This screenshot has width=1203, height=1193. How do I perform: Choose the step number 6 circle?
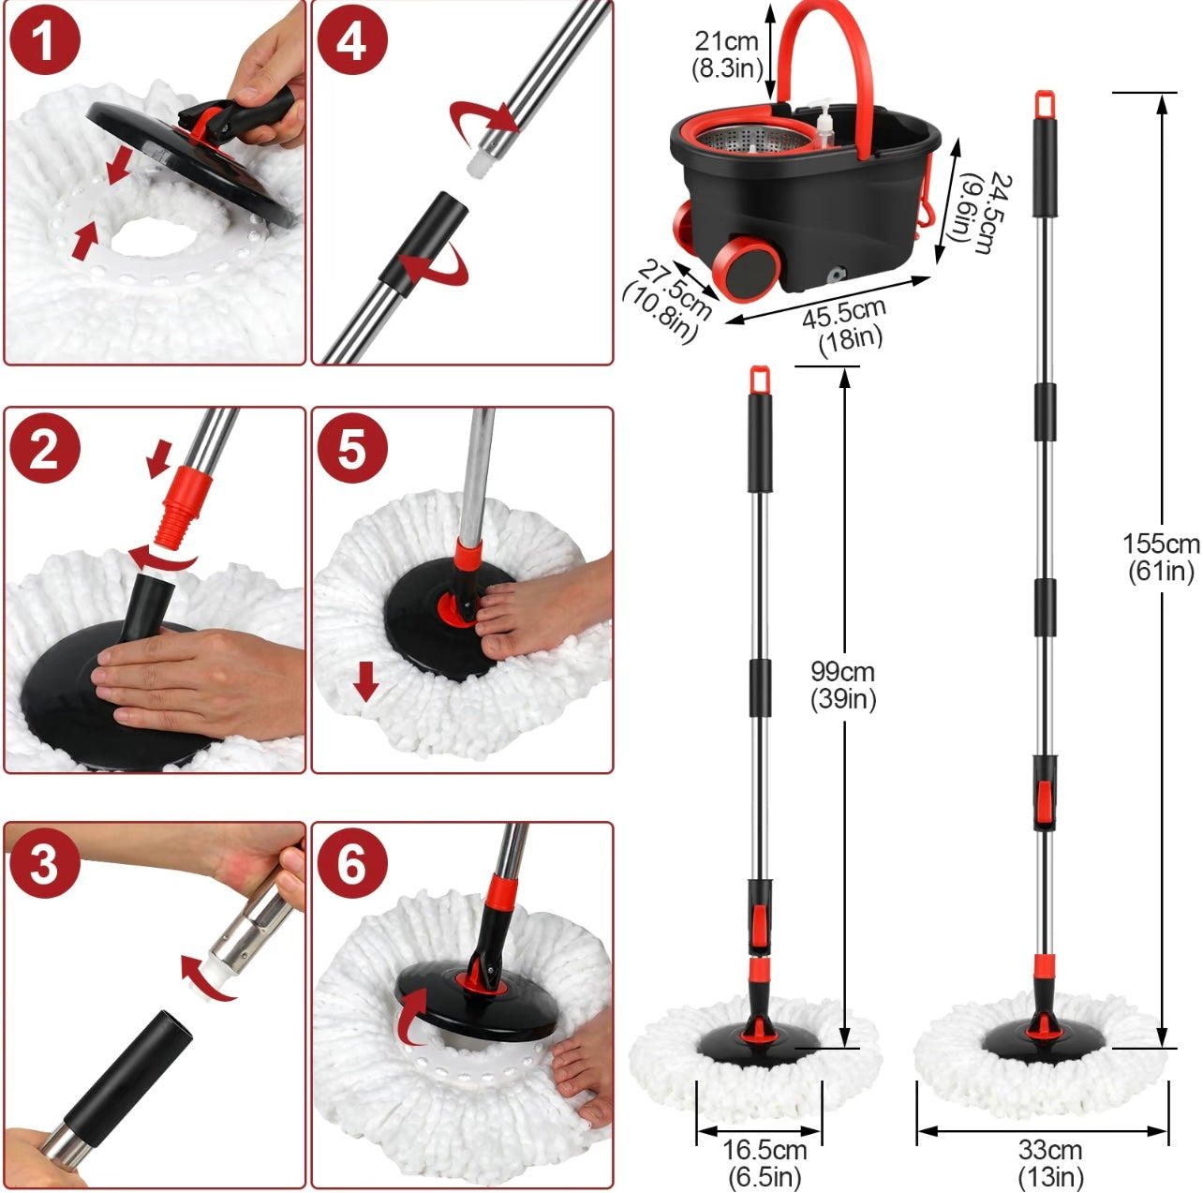point(351,863)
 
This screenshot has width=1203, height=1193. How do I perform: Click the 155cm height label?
point(1161,557)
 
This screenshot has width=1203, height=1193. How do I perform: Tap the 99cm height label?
point(843,685)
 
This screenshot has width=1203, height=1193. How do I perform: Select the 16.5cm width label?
point(764,1162)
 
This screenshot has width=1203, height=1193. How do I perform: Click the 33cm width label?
point(1049,1162)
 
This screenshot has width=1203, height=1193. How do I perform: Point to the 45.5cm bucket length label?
point(845,323)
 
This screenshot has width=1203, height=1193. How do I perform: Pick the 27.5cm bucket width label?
point(667,300)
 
